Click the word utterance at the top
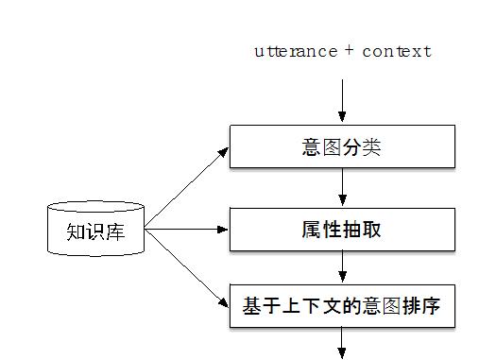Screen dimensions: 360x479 (296, 51)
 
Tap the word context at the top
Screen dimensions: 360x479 (396, 51)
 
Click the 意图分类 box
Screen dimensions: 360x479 (342, 147)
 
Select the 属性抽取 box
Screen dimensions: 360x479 (342, 229)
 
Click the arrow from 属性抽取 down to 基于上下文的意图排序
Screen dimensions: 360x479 (342, 268)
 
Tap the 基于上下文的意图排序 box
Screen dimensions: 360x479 (342, 307)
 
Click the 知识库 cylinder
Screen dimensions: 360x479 (96, 229)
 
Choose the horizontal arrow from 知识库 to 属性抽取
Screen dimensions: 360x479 (187, 229)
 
